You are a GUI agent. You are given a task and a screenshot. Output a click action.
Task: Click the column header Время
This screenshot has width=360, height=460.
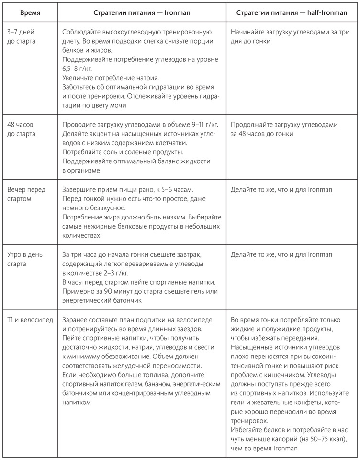pyautogui.click(x=30, y=12)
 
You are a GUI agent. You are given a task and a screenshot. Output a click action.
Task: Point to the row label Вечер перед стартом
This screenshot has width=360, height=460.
pyautogui.click(x=26, y=194)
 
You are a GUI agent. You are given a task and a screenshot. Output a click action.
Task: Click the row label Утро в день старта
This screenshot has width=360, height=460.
pyautogui.click(x=25, y=259)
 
